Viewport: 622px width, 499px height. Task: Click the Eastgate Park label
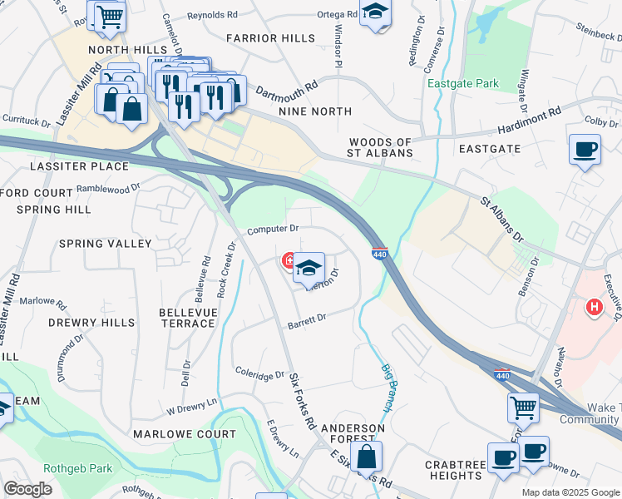coord(462,84)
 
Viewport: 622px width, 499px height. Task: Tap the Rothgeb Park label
coord(79,468)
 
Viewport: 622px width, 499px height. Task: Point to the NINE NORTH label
coord(315,111)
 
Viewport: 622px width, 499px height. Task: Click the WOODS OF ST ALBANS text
coord(381,148)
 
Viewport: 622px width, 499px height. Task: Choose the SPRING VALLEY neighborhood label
coord(105,244)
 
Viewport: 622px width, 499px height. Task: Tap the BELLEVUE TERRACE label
coord(186,317)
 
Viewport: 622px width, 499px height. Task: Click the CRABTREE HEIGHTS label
coord(454,470)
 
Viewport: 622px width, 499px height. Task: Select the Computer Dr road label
coord(272,228)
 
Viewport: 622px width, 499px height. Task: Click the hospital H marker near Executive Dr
coord(594,308)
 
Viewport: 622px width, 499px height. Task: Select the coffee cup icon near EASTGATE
coord(585,150)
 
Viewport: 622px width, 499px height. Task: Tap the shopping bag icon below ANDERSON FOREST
coord(366,456)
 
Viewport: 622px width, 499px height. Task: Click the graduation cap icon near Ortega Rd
coord(376,12)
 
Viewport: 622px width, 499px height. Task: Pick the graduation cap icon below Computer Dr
coord(309,268)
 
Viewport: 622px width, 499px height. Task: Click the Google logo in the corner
coord(27,489)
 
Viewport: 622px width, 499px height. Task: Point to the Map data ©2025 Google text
coord(570,492)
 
